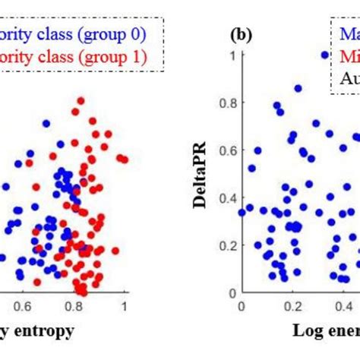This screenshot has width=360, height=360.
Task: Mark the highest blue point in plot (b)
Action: pyautogui.click(x=324, y=55)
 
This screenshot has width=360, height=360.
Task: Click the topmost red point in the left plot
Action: pyautogui.click(x=74, y=112)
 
